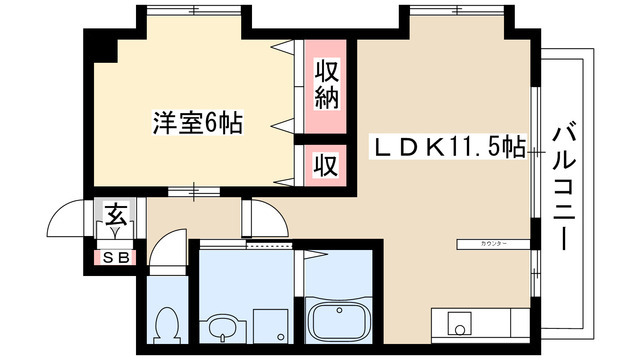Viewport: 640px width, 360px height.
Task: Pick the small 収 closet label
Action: pos(326,163)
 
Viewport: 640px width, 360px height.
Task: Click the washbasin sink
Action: pos(219,326)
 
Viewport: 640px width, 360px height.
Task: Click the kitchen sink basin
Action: pos(460,326)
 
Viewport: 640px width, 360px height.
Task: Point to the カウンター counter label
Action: pos(493,244)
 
